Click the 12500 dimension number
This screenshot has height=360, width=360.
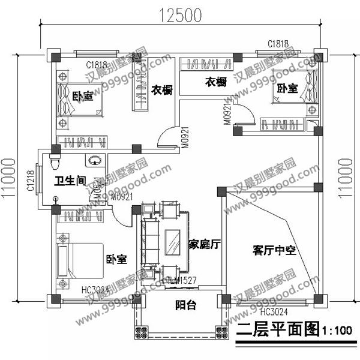pyautogui.click(x=180, y=16)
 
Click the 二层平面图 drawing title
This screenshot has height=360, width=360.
pyautogui.click(x=277, y=330)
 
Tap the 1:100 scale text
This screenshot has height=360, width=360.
pyautogui.click(x=337, y=331)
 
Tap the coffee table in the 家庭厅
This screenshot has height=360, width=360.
pyautogui.click(x=173, y=243)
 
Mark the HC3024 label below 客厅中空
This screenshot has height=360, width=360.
pyautogui.click(x=274, y=311)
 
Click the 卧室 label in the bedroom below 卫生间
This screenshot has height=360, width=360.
pyautogui.click(x=116, y=260)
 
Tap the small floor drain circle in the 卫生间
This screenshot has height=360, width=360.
pyautogui.click(x=56, y=199)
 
